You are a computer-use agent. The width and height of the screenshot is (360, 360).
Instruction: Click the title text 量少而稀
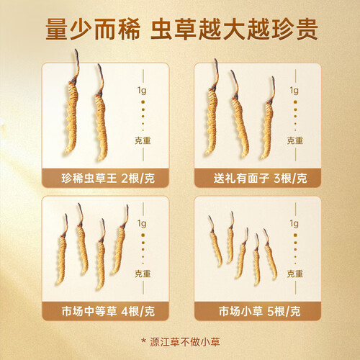pos(93,30)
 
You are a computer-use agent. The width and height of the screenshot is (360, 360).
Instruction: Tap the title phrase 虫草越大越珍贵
pos(234,30)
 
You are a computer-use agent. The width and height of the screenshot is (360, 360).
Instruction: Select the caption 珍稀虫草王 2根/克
pos(108,179)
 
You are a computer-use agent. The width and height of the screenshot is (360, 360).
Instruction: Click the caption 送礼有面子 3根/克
pos(260,179)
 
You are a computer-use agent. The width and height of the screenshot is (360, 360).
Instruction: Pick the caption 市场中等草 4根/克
pos(108,311)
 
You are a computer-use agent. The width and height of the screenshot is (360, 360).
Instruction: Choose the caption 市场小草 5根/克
pos(259,311)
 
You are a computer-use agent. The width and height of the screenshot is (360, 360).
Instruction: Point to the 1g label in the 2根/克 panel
pos(142,91)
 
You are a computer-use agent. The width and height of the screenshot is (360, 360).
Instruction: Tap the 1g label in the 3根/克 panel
pos(294,91)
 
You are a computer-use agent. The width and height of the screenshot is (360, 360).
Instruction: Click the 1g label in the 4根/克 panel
pos(142,224)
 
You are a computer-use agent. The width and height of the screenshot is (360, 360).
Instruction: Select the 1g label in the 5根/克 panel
pos(294,224)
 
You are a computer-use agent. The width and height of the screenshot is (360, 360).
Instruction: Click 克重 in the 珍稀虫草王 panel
pos(143,140)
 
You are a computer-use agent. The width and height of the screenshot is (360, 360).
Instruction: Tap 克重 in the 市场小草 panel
pos(295,274)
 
